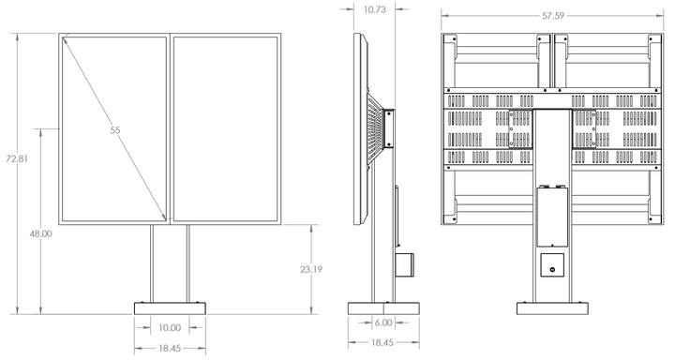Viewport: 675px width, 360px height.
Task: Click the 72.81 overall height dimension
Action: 16,158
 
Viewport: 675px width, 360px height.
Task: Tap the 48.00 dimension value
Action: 40,233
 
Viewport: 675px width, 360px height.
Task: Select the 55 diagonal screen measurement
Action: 115,130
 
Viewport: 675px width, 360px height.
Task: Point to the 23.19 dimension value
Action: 311,270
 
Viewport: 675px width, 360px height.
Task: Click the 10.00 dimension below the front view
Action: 170,328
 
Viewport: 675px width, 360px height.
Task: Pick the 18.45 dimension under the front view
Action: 170,348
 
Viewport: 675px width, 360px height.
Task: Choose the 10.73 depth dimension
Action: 374,9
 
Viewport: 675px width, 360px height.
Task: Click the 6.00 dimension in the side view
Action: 383,322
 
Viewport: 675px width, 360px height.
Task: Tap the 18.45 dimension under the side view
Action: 382,343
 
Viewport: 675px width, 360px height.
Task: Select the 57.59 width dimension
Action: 553,16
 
